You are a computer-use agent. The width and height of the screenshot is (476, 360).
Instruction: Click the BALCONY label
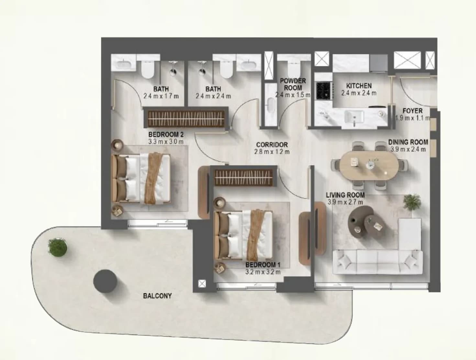[x=158, y=296]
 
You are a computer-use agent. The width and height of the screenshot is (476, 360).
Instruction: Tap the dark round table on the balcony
[x=105, y=281]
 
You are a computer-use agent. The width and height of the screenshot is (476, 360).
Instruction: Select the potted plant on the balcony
[x=58, y=247]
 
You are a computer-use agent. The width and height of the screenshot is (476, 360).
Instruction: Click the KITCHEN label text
[x=359, y=86]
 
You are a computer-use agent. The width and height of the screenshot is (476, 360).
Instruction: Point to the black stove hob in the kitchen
[x=323, y=91]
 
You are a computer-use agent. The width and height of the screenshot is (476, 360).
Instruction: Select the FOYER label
[x=413, y=111]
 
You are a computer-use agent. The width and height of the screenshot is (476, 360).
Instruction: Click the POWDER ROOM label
[x=293, y=84]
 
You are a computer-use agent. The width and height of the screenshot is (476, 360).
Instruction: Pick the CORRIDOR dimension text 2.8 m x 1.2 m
[x=272, y=152]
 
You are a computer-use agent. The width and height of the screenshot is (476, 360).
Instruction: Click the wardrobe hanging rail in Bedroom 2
[x=186, y=119]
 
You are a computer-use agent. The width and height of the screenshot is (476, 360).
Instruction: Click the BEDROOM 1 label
[x=263, y=265]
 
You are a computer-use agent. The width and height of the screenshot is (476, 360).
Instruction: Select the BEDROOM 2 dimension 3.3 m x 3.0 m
[x=166, y=142]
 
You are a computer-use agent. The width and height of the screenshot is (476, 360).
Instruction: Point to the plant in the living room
[x=412, y=202]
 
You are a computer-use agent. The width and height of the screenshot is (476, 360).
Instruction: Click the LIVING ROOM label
[x=345, y=195]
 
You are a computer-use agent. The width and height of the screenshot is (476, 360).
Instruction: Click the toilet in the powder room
[x=294, y=68]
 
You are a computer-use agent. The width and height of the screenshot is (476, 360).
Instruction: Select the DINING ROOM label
[x=408, y=142]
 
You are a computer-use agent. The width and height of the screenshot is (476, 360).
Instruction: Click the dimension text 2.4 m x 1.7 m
[x=161, y=96]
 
